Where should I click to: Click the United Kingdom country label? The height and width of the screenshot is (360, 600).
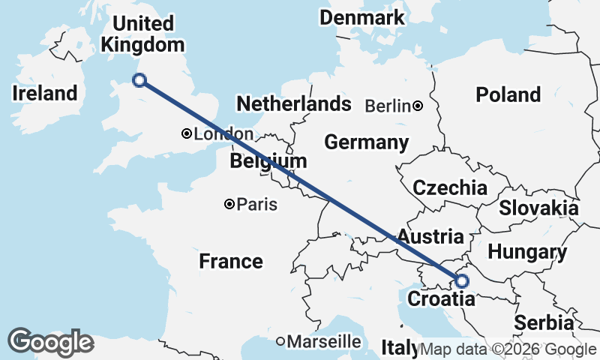142,34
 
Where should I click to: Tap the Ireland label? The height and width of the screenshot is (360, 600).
45,94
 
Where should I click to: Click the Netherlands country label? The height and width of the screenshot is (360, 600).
293,103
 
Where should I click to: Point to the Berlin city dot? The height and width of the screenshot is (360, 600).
418,106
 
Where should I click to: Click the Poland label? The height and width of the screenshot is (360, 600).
508,94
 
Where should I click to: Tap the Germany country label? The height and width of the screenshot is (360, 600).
366,142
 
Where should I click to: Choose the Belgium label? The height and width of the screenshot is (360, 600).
268,161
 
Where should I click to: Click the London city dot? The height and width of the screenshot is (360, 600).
186,134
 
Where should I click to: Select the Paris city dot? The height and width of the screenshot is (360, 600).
229,204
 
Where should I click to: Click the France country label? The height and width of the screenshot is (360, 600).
231,261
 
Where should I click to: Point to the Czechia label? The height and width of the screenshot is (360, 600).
450,187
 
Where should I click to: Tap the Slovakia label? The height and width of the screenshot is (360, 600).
538,208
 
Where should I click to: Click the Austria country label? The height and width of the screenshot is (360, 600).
430,237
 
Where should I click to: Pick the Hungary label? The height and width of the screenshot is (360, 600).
526,252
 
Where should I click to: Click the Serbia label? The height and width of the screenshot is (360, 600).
544,323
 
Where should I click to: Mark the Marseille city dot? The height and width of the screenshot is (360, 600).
280,341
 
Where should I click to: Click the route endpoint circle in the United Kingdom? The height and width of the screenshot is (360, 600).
139,80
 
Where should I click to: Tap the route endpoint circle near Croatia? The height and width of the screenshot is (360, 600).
461,281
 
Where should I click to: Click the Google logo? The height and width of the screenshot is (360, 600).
50,342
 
